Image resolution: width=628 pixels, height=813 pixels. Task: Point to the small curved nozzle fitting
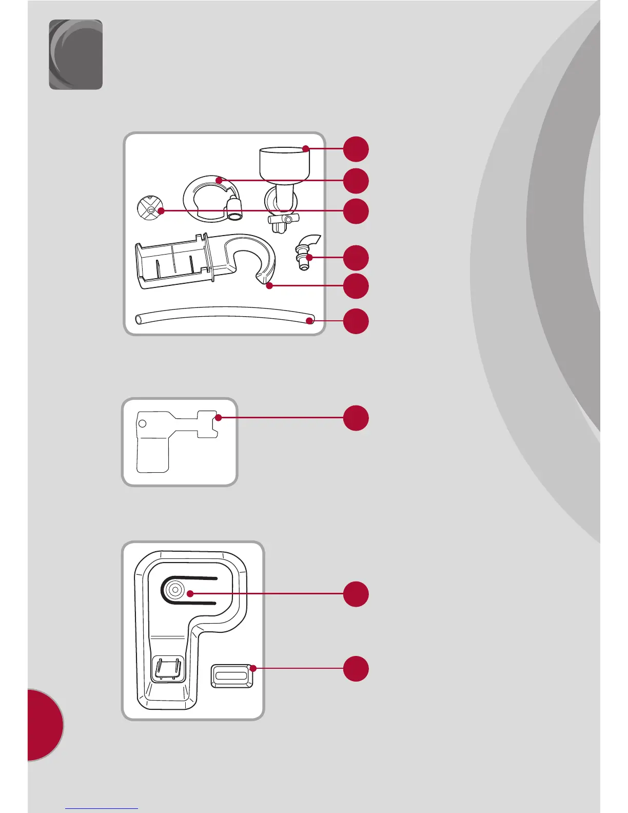[x=306, y=251]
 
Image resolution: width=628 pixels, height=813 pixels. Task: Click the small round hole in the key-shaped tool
[x=142, y=423]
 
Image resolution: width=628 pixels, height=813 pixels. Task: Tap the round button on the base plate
[x=175, y=590]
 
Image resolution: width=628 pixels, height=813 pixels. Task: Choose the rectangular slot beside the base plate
[x=232, y=675]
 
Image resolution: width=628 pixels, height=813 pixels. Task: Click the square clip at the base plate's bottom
[x=168, y=669]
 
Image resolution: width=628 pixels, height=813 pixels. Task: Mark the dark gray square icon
[x=75, y=54]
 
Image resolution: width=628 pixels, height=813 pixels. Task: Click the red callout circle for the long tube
[x=356, y=321]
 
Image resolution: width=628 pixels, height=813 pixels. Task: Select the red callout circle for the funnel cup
[x=356, y=149]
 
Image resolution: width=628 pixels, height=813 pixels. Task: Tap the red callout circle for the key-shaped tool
[x=356, y=418]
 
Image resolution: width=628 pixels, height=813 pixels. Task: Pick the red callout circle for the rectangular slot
[x=356, y=668]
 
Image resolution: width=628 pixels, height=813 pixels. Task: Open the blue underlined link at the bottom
[x=102, y=808]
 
